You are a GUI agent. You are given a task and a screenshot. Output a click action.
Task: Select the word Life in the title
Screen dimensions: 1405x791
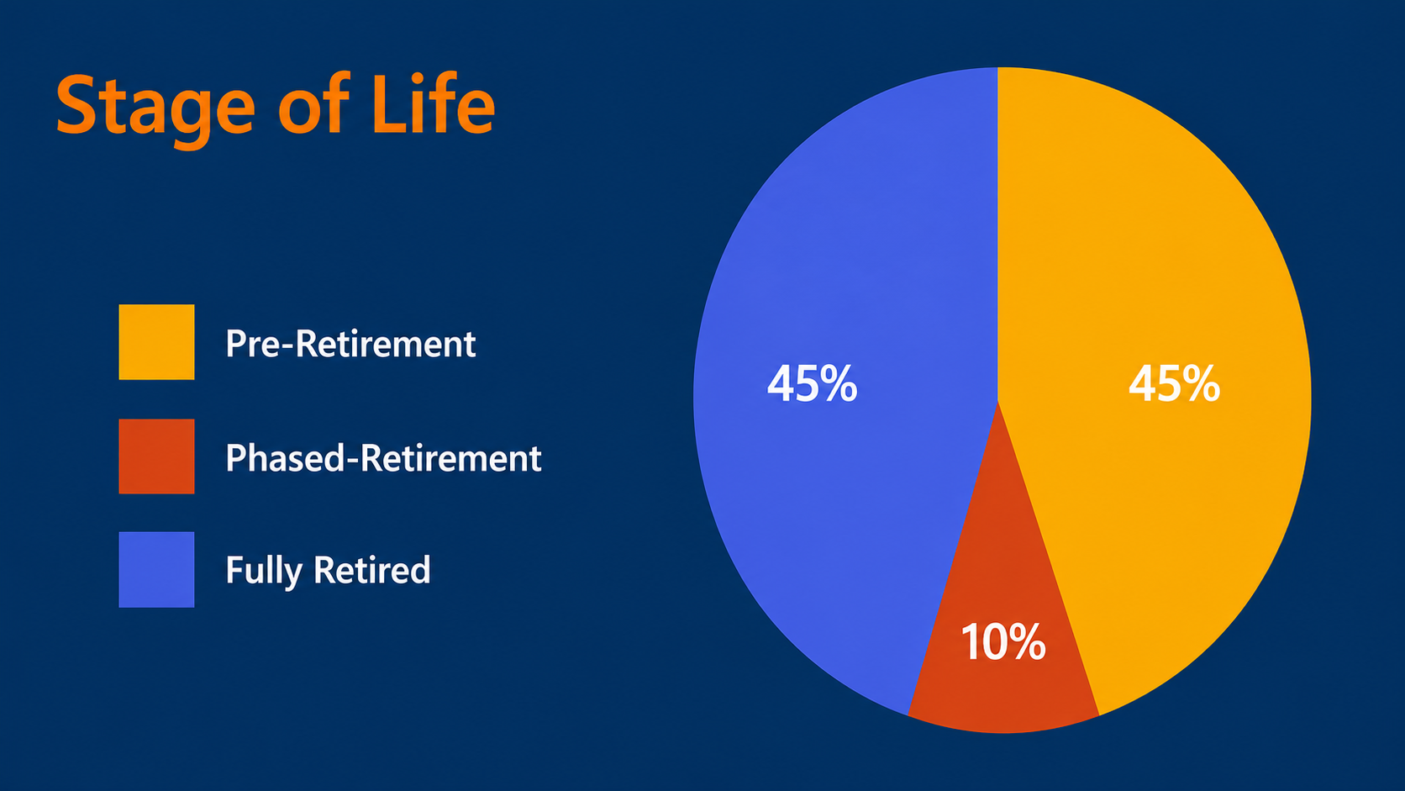point(434,103)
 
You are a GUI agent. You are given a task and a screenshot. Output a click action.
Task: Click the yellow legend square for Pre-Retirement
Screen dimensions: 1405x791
point(157,342)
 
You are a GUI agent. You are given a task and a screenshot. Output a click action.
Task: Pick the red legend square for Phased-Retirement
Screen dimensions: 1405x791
point(157,456)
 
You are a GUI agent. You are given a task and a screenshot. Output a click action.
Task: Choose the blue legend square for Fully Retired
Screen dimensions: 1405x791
point(157,570)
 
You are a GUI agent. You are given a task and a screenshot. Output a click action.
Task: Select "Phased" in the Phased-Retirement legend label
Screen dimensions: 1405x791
point(284,458)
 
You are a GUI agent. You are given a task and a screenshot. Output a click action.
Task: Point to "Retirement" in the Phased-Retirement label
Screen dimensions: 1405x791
point(451,458)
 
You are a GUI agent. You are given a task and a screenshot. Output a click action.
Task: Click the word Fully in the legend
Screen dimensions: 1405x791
point(264,571)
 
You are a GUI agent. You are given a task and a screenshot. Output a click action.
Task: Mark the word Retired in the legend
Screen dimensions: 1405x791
point(372,570)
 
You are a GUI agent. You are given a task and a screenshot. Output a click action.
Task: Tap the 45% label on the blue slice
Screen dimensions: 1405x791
point(813,383)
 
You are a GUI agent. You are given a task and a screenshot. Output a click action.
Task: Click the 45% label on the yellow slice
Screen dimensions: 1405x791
point(1174,383)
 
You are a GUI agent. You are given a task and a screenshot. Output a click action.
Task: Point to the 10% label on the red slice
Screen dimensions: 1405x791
point(1003,641)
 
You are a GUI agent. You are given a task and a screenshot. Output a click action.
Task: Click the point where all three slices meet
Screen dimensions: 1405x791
point(998,402)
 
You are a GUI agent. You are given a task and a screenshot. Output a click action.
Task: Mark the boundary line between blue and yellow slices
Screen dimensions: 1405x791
point(998,234)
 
